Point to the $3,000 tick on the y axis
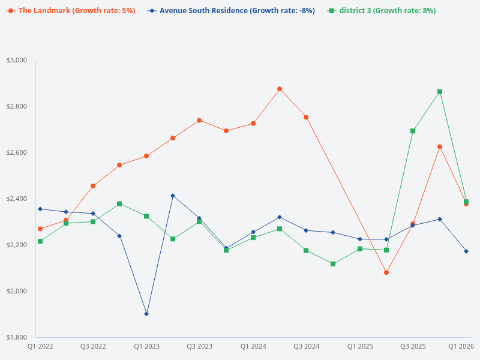point(17,61)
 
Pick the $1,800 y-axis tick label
point(17,337)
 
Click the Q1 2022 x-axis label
point(40,346)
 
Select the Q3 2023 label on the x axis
point(199,346)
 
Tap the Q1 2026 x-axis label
point(461,346)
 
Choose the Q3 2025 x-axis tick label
point(413,346)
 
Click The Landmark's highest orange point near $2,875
point(280,89)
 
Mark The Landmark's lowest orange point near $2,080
point(386,272)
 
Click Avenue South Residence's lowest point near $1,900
point(146,314)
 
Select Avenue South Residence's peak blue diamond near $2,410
point(173,196)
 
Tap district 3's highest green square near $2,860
point(440,92)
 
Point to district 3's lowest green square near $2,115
point(333,264)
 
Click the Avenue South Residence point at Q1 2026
point(466,251)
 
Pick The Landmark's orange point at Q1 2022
point(40,229)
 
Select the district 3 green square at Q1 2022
point(40,241)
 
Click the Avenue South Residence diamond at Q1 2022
point(40,209)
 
